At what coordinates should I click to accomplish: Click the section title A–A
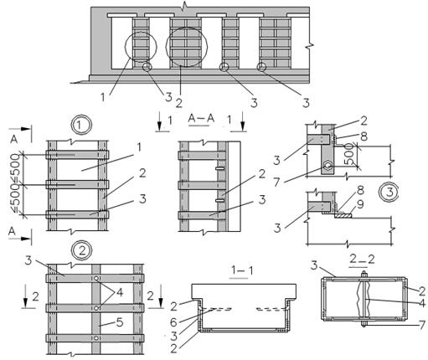pos(201,118)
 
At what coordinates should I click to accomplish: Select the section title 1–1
pos(241,270)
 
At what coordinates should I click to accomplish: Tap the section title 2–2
pos(362,260)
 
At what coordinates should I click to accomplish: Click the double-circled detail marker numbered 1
pos(81,125)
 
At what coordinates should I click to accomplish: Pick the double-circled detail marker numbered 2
pos(82,250)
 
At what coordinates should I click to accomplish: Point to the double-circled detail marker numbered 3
pos(389,193)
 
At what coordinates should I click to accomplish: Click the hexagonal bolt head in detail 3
pos(327,166)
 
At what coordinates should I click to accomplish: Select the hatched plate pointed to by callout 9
pos(343,215)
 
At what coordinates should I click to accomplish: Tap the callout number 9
pos(360,204)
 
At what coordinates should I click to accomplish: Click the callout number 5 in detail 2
pos(120,322)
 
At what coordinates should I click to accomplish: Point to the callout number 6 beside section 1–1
pos(173,322)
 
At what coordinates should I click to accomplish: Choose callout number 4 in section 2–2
pos(422,303)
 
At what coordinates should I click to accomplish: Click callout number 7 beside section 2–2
pos(423,325)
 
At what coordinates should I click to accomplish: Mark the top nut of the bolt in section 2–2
pos(364,275)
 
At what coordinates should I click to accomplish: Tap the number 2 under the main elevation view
pos(179,103)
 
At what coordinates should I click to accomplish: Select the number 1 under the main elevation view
pos(103,97)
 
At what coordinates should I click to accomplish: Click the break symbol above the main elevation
pos(183,5)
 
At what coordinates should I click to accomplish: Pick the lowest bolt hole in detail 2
pos(96,338)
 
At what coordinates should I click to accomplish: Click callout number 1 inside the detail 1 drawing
pos(138,147)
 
